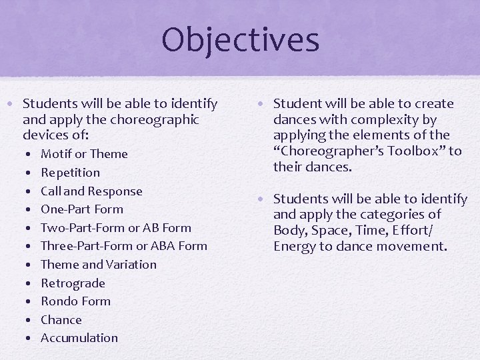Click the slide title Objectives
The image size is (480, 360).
coord(240,39)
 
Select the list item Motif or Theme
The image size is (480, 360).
coord(84,154)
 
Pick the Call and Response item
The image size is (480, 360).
coord(91,191)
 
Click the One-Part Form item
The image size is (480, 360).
coord(82,209)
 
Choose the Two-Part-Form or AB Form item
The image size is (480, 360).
coord(116,228)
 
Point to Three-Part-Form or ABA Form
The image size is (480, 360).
coord(124,246)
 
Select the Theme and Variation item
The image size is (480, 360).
coord(99,265)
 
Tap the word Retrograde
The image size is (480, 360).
coord(73,283)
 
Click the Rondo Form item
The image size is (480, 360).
coord(75,301)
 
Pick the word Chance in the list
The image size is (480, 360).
coord(61,320)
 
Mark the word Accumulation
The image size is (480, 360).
coord(79,338)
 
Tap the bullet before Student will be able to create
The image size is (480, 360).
coord(264,104)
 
